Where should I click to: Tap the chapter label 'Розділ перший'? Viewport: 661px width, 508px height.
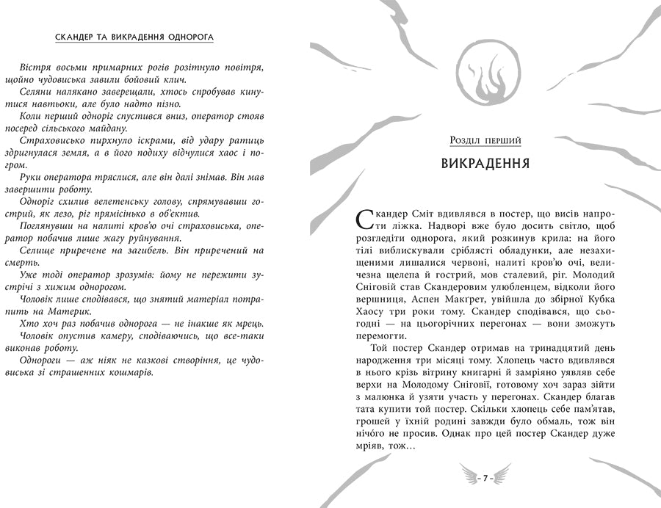pyautogui.click(x=485, y=140)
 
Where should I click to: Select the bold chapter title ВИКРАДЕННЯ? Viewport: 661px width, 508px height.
pyautogui.click(x=485, y=162)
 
